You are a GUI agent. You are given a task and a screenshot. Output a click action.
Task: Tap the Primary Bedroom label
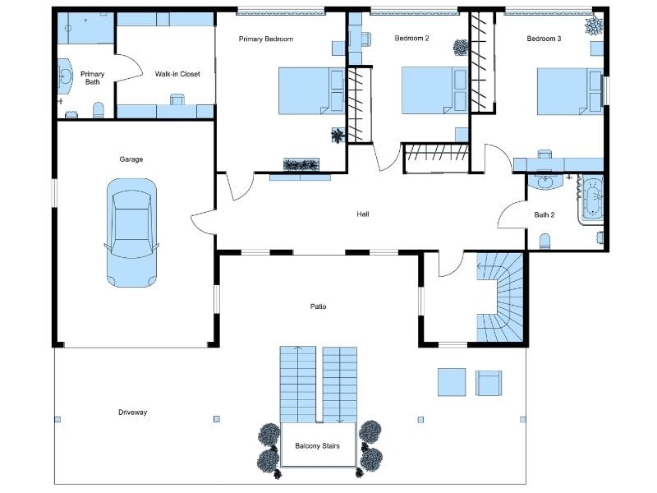tap(265, 39)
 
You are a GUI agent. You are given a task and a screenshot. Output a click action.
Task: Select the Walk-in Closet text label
tap(177, 74)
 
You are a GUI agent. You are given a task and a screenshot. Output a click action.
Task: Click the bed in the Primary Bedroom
tap(310, 90)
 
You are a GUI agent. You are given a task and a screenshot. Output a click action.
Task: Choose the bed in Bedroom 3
tap(570, 90)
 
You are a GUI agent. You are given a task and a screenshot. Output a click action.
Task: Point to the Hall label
tap(363, 214)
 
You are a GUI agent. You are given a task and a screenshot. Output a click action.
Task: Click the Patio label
tap(318, 306)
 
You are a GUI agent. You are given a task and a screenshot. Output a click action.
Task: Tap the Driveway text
tap(132, 412)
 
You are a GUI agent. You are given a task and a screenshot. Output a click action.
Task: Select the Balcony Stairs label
tap(318, 447)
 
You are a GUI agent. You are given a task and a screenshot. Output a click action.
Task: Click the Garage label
tap(131, 159)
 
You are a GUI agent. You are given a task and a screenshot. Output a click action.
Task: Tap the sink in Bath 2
tap(544, 182)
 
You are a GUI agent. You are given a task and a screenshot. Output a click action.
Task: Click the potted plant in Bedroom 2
tap(460, 48)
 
